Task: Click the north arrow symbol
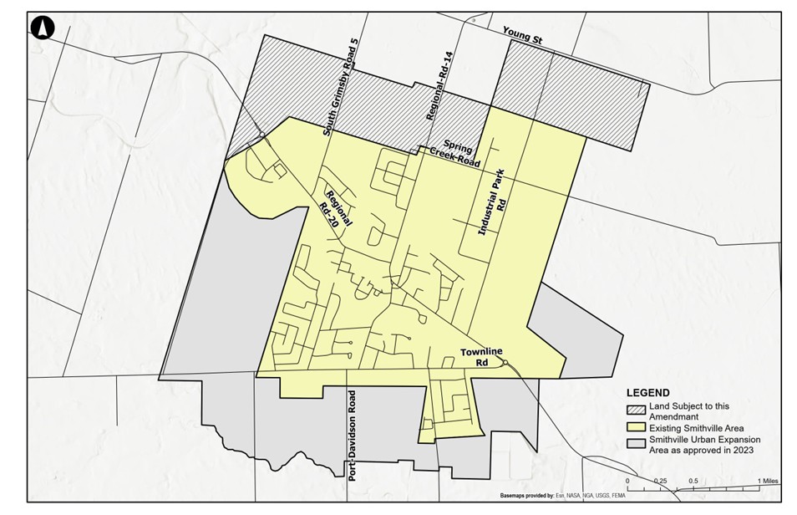tap(42, 28)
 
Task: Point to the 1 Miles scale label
tap(767, 481)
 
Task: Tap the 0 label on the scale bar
tap(627, 481)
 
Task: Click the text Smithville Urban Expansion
tap(704, 439)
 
